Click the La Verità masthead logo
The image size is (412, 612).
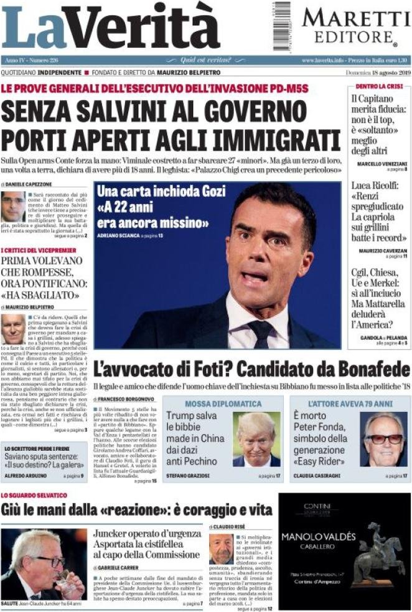[110, 28]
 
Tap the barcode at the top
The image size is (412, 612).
[281, 26]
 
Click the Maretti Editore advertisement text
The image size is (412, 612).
[352, 26]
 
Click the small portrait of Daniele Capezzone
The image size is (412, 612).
[13, 207]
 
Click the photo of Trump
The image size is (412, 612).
[256, 438]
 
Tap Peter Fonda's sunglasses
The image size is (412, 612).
[383, 438]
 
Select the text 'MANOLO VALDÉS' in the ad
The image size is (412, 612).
[318, 536]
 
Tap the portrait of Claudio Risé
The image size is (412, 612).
[221, 548]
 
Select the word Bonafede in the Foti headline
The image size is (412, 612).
[370, 370]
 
